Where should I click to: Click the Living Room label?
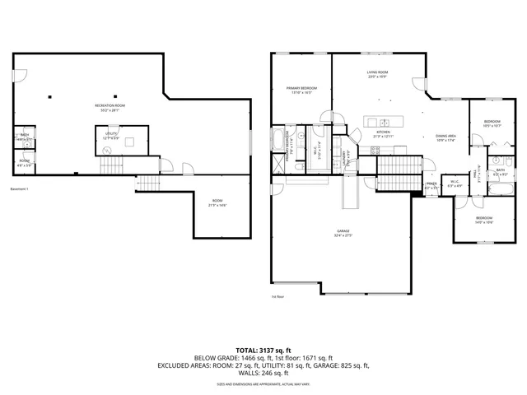click(376, 74)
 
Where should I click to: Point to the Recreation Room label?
click(109, 107)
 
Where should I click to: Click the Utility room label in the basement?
click(110, 135)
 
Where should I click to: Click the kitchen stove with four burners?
click(375, 150)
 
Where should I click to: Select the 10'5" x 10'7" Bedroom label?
click(492, 123)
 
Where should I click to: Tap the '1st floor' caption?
click(277, 297)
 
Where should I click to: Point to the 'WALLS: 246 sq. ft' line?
click(263, 372)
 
